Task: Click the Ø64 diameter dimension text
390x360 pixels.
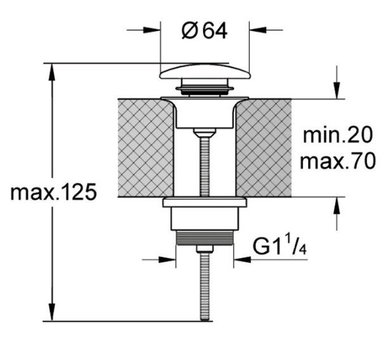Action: click(x=204, y=31)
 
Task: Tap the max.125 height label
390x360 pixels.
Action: click(x=53, y=192)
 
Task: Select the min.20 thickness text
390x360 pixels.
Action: click(x=338, y=135)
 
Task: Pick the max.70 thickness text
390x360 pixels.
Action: click(x=337, y=161)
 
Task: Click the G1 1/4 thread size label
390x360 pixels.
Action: click(x=279, y=247)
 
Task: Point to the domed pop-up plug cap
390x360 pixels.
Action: click(x=205, y=72)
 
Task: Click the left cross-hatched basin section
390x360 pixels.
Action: click(x=145, y=148)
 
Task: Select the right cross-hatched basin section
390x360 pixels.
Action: click(x=264, y=148)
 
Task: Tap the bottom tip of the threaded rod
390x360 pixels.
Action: click(x=205, y=320)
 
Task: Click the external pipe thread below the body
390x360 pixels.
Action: click(x=204, y=238)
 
